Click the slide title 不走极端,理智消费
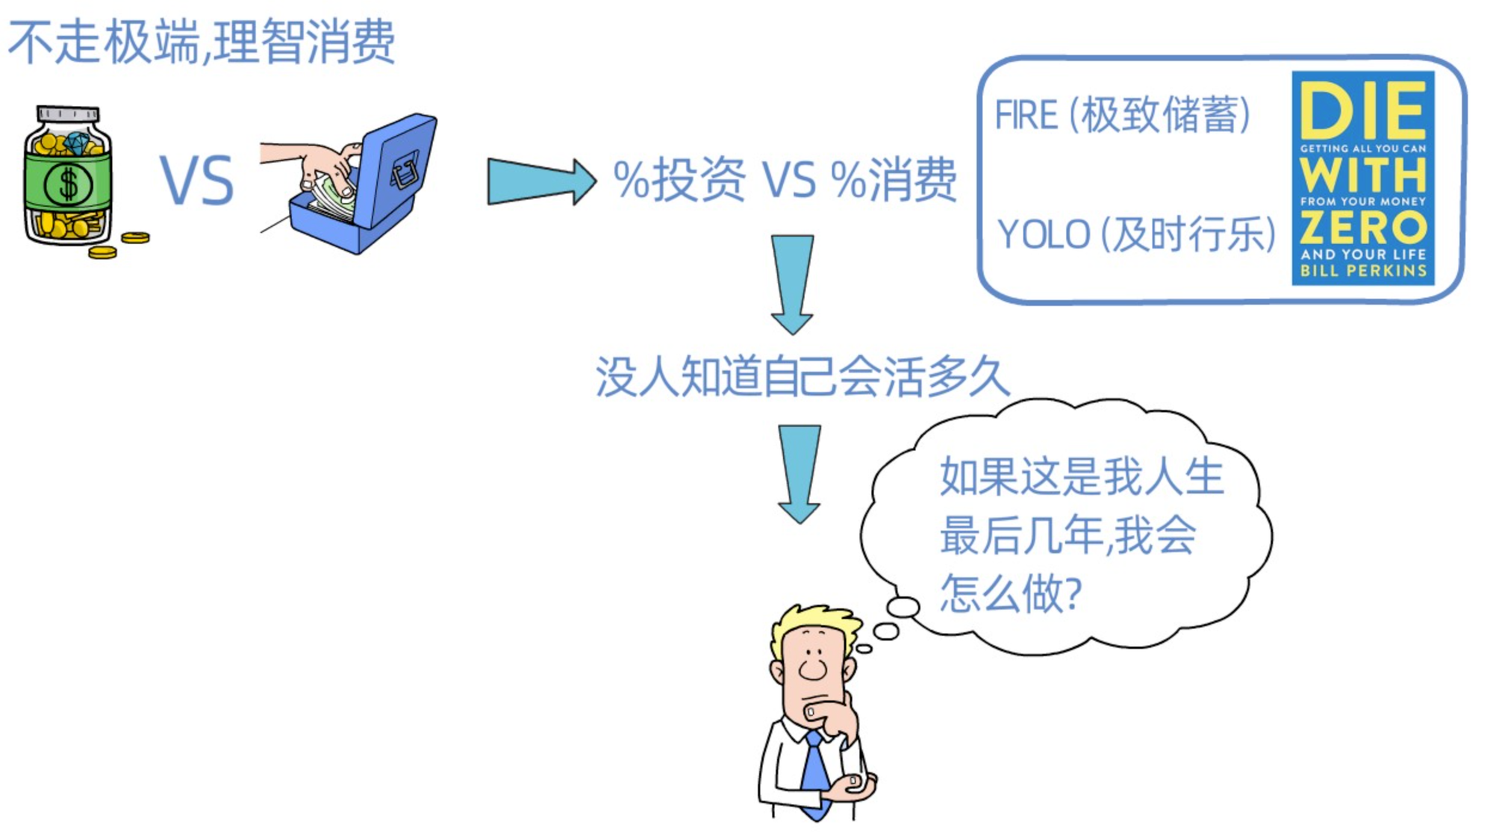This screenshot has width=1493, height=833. coord(202,42)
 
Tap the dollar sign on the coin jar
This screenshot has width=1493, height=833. coord(68,184)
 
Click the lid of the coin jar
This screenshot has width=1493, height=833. coord(68,114)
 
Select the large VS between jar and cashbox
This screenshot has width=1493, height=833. coord(197,181)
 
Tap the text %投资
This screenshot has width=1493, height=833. coord(679,181)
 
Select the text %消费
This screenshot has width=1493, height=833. coord(893,181)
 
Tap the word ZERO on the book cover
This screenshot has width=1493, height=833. coord(1363,227)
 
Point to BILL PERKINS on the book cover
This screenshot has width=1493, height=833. coord(1363,271)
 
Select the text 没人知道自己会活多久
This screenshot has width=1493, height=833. coord(802,376)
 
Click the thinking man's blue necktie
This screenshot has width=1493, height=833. coord(815,769)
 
